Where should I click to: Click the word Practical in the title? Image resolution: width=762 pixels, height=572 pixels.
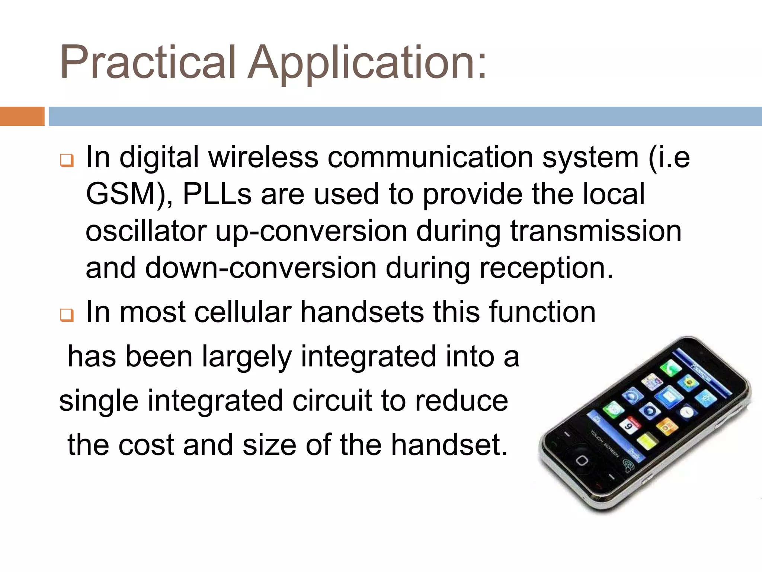pyautogui.click(x=148, y=62)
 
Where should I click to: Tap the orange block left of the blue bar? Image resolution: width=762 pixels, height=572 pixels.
pyautogui.click(x=22, y=116)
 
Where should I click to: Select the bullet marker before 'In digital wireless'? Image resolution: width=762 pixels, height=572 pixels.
pyautogui.click(x=67, y=161)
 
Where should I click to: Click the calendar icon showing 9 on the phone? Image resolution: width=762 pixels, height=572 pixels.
pyautogui.click(x=629, y=425)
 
